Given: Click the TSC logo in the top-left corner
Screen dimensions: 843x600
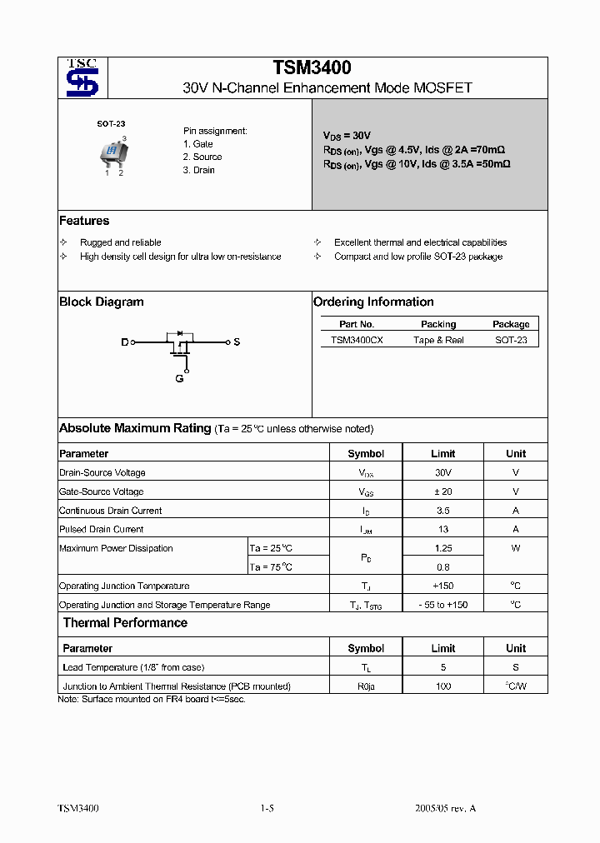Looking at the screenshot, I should pos(82,77).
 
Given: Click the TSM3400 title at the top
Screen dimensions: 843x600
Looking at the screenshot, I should pos(312,68).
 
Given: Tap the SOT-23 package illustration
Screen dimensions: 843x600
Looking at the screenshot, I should pos(111,152).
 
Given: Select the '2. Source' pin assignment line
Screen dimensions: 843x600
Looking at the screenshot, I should pos(202,157).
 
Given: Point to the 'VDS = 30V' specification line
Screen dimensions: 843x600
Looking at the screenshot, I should pos(347,135).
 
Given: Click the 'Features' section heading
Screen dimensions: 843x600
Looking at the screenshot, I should pos(84,221).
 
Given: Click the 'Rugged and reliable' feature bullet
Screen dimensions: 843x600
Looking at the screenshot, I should pos(120,242).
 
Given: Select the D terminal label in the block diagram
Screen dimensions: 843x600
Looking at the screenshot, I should pos(125,342).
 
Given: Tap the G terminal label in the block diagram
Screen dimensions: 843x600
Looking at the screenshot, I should pos(179,379).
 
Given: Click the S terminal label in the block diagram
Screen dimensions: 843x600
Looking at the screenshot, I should pos(237,342).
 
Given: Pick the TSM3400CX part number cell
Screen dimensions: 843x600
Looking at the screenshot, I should pos(357,340).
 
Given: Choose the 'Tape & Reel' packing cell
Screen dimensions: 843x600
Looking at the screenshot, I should pos(438,340).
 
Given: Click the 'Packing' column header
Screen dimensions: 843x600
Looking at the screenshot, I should pos(438,324).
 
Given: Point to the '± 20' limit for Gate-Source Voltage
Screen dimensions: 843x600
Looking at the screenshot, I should pos(442,491).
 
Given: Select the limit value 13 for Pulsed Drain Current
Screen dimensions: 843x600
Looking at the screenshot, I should pos(442,529).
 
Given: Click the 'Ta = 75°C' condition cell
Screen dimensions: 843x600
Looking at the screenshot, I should pos(272,567).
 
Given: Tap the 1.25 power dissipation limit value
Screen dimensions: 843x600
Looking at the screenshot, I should pos(442,548).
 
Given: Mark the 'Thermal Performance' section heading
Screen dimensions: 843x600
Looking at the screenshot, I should pos(125,623).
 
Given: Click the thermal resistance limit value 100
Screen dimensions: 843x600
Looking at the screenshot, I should pos(442,686).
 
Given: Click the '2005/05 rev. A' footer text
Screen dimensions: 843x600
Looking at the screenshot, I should pos(445,808).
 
